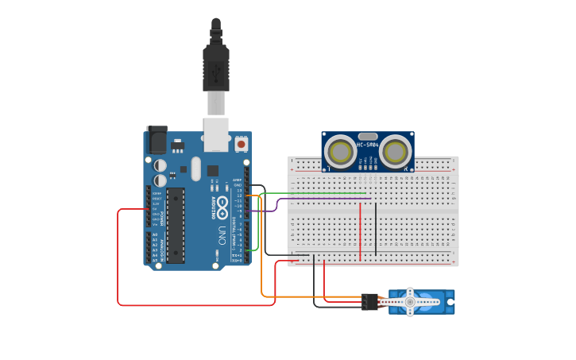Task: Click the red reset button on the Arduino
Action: point(241,145)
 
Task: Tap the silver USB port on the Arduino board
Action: point(215,134)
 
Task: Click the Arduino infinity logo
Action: point(222,208)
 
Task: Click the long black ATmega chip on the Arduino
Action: point(176,225)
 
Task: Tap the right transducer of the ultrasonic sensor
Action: point(394,152)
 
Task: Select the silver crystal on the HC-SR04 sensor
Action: point(368,137)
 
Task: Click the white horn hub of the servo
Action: point(410,302)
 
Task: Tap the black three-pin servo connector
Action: point(369,302)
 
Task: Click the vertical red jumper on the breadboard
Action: point(360,230)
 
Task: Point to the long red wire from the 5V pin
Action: point(118,262)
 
